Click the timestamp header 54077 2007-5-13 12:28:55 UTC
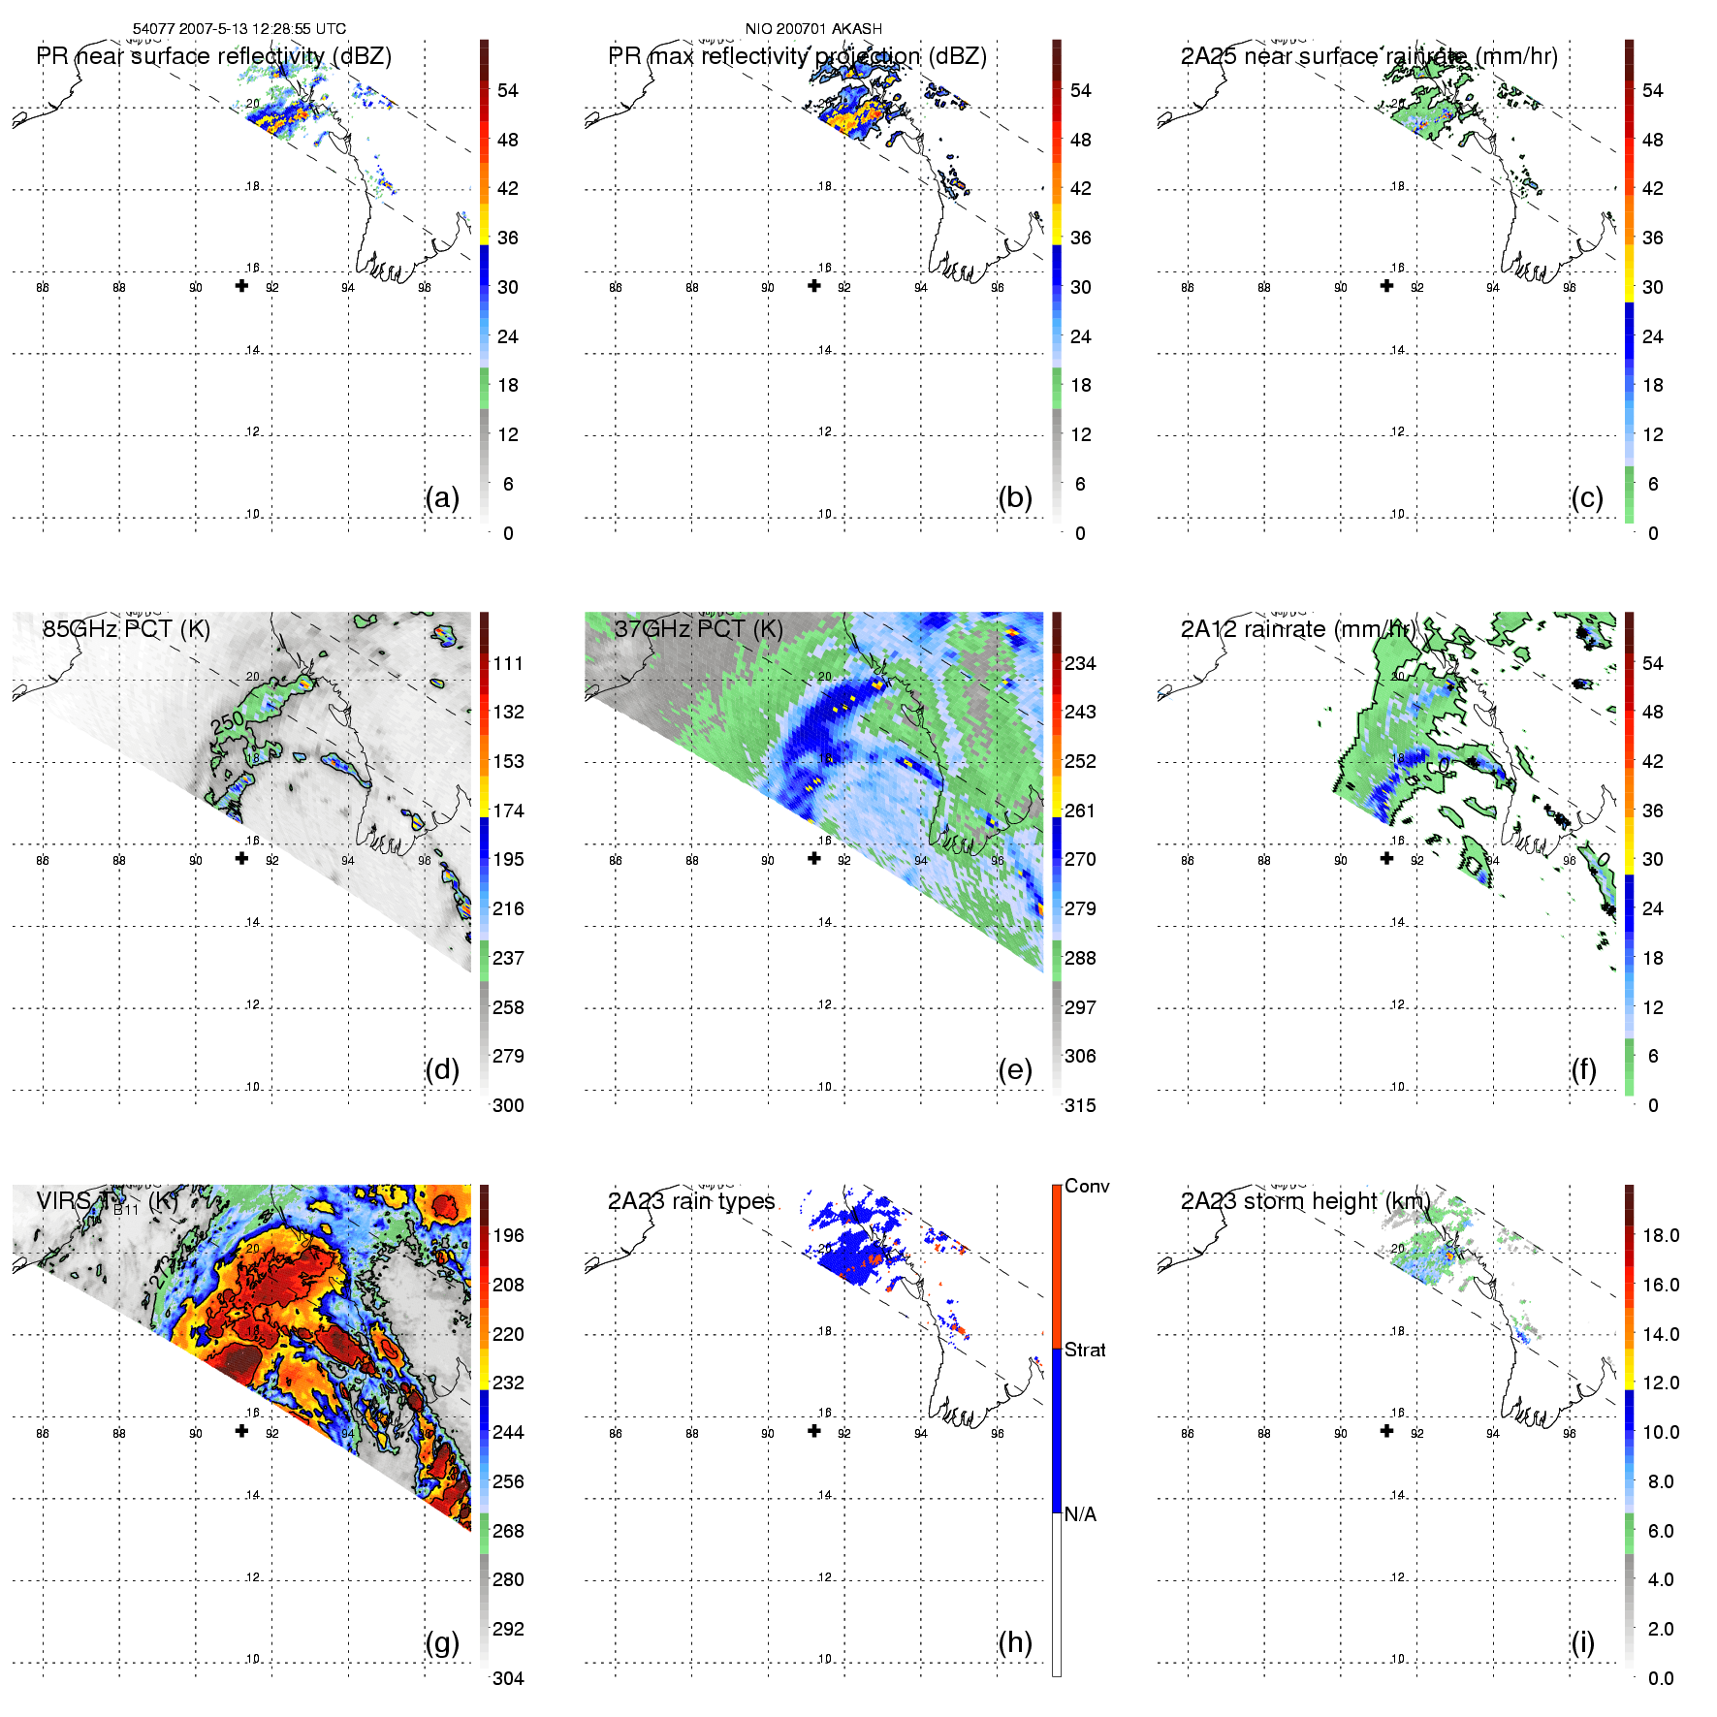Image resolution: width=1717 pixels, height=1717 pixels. tap(238, 29)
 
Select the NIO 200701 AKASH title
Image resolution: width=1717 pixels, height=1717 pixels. tap(813, 29)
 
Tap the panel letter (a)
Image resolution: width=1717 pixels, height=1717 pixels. tap(442, 497)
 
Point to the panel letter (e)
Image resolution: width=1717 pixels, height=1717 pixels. tap(1015, 1069)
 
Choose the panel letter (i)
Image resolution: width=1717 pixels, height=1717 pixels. tap(1583, 1642)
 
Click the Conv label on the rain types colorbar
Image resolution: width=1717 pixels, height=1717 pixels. tap(1087, 1186)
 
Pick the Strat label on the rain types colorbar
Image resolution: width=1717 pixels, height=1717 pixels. tap(1085, 1350)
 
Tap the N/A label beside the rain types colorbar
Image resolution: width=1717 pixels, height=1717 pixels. tap(1080, 1514)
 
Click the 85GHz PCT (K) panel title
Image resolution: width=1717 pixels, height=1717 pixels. tap(126, 629)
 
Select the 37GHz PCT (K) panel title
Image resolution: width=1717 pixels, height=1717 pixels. tap(698, 629)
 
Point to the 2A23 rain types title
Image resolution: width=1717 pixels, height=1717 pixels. tap(691, 1201)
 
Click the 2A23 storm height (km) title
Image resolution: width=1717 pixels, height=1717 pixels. tap(1305, 1201)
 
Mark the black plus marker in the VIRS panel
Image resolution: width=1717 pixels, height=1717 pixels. tap(241, 1431)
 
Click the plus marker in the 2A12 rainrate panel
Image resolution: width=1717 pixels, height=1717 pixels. tap(1386, 858)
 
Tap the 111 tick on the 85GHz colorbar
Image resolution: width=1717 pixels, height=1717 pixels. tap(508, 663)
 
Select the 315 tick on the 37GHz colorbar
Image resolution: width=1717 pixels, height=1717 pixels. tap(1080, 1105)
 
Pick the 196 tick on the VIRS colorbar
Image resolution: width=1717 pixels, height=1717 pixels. tap(508, 1235)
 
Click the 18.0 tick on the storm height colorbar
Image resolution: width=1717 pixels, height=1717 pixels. tap(1661, 1235)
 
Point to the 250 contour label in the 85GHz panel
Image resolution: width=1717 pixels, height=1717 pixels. tap(228, 722)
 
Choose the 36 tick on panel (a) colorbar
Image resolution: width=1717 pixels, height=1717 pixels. tap(508, 238)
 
